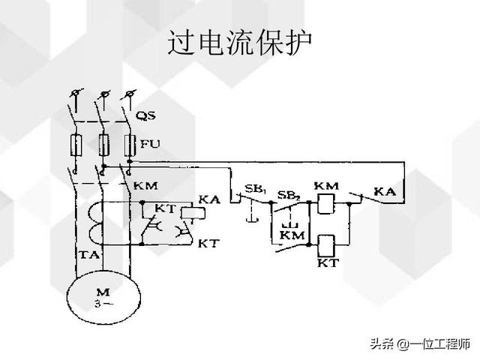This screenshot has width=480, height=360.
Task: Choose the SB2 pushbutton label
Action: coord(286,195)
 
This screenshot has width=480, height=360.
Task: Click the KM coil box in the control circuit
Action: coord(325,202)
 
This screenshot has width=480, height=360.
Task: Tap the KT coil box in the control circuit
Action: coord(326,244)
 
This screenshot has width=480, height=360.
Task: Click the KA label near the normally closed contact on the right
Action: coord(385,193)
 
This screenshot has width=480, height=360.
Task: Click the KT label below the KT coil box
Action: coord(328,264)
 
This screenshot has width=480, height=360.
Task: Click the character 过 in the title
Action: coord(180,42)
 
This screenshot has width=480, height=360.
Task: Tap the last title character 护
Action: coord(298,42)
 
